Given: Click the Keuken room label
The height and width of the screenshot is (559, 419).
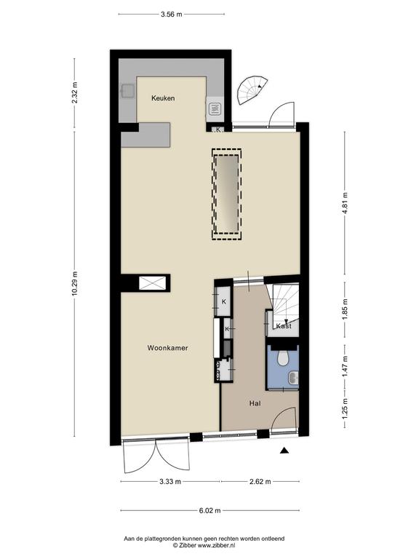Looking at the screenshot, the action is (163, 98).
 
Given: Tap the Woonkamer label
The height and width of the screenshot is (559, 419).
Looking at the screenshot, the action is (167, 348).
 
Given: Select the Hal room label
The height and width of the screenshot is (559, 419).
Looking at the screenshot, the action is (255, 403).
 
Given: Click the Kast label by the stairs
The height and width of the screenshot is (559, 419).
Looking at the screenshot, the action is (284, 326).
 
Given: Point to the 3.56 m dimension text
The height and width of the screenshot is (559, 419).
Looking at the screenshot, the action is (172, 15).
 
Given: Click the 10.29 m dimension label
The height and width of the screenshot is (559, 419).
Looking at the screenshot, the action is (74, 284).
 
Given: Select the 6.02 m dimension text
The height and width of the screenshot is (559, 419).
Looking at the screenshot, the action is (209, 510).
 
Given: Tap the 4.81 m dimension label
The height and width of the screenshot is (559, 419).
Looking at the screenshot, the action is (345, 203).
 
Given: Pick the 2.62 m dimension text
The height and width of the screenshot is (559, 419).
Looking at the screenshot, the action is (260, 482).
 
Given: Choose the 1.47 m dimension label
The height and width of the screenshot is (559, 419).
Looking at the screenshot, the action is (345, 367).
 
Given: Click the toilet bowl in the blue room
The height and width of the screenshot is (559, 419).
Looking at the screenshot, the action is (283, 359).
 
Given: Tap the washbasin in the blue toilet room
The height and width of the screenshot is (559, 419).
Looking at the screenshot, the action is (294, 378).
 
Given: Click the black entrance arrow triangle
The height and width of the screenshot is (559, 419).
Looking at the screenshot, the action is (284, 451).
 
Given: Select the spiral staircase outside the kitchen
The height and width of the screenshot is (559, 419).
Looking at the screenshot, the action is (250, 91).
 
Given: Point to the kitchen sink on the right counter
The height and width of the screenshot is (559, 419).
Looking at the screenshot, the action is (215, 109).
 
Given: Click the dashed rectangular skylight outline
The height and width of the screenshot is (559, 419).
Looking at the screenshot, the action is (227, 194).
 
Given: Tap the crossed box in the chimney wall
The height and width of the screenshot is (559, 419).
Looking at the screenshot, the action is (152, 283).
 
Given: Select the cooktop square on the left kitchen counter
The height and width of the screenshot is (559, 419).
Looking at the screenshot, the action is (127, 91).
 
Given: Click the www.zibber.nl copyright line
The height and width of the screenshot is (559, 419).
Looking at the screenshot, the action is (204, 545).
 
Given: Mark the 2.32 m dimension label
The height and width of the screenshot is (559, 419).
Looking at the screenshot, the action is (74, 92).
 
